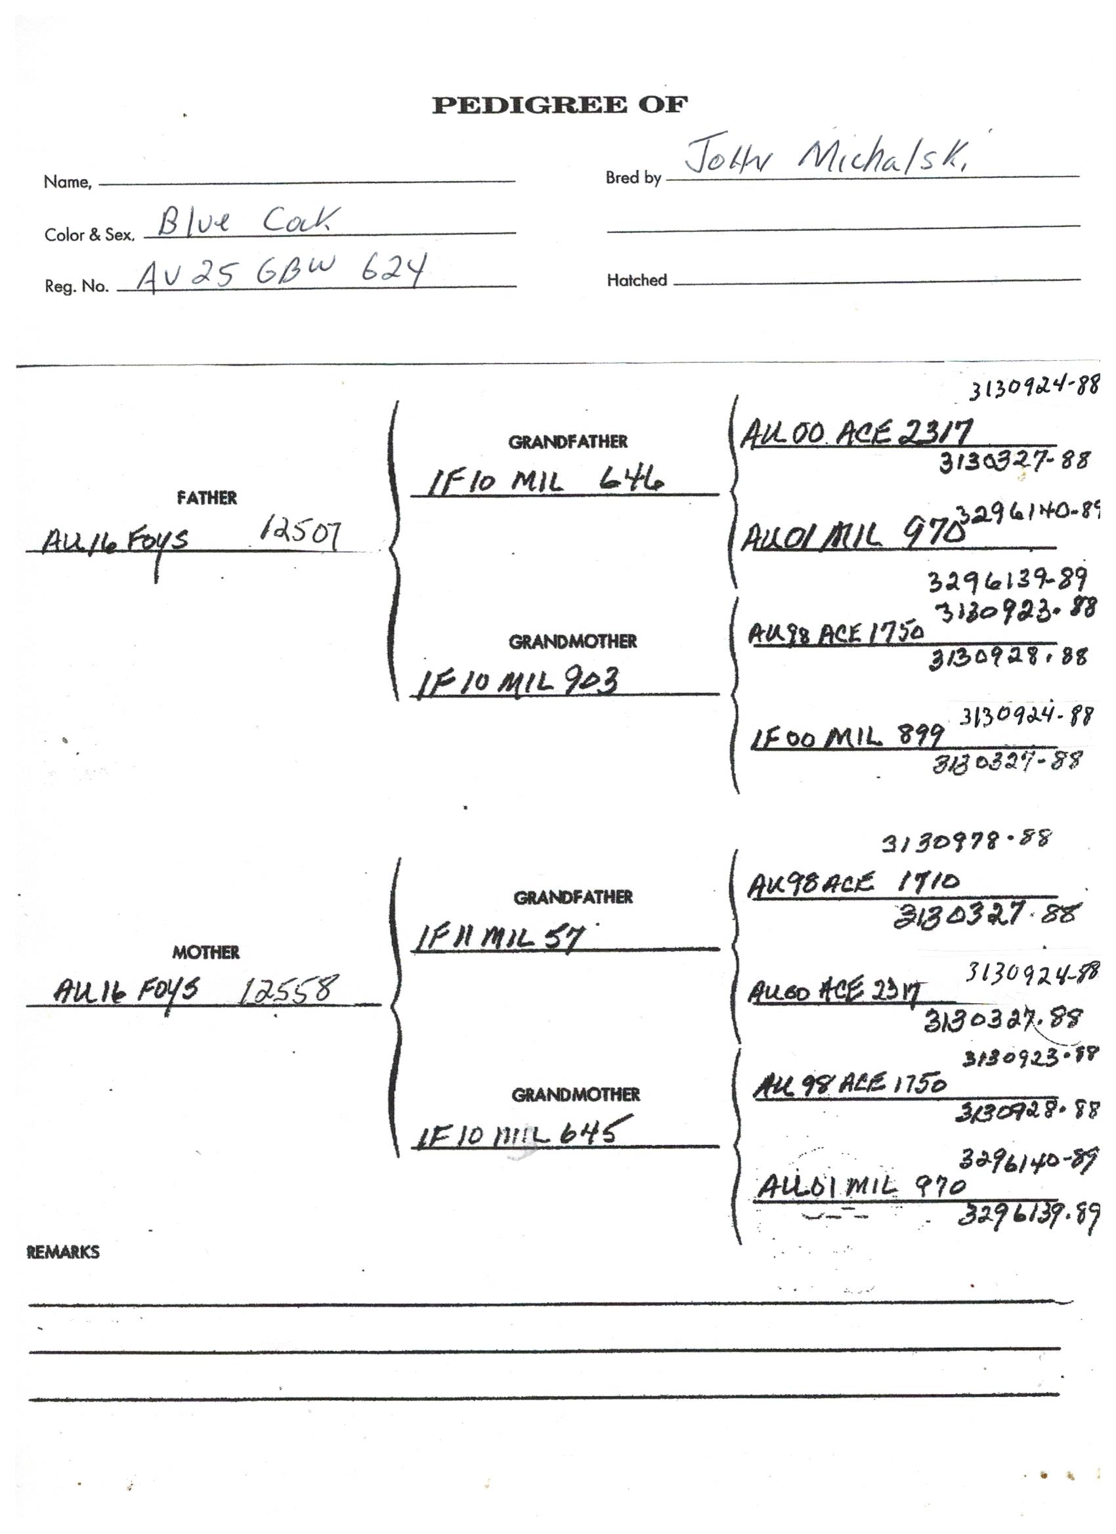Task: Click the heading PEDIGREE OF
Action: coord(559,105)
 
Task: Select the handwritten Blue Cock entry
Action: coord(247,221)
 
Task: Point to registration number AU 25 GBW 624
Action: coord(281,272)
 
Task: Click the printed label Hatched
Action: coord(636,280)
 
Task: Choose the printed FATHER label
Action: coord(206,498)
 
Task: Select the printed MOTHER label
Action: coord(205,952)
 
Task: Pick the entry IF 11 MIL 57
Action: coord(499,938)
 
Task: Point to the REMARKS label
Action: coord(63,1252)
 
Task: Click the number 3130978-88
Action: coord(966,841)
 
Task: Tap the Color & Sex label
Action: coord(89,235)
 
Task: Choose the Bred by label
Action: coord(633,178)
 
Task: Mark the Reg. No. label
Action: coord(76,286)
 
